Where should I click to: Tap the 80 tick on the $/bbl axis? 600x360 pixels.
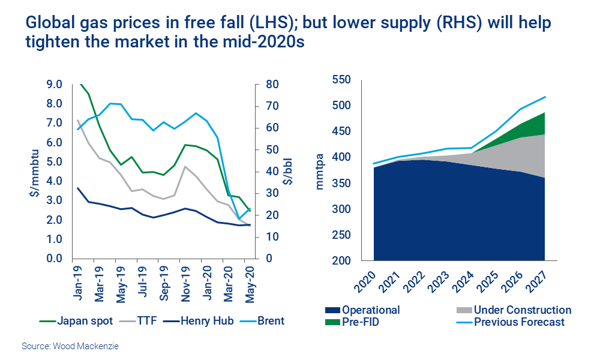point(272,85)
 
